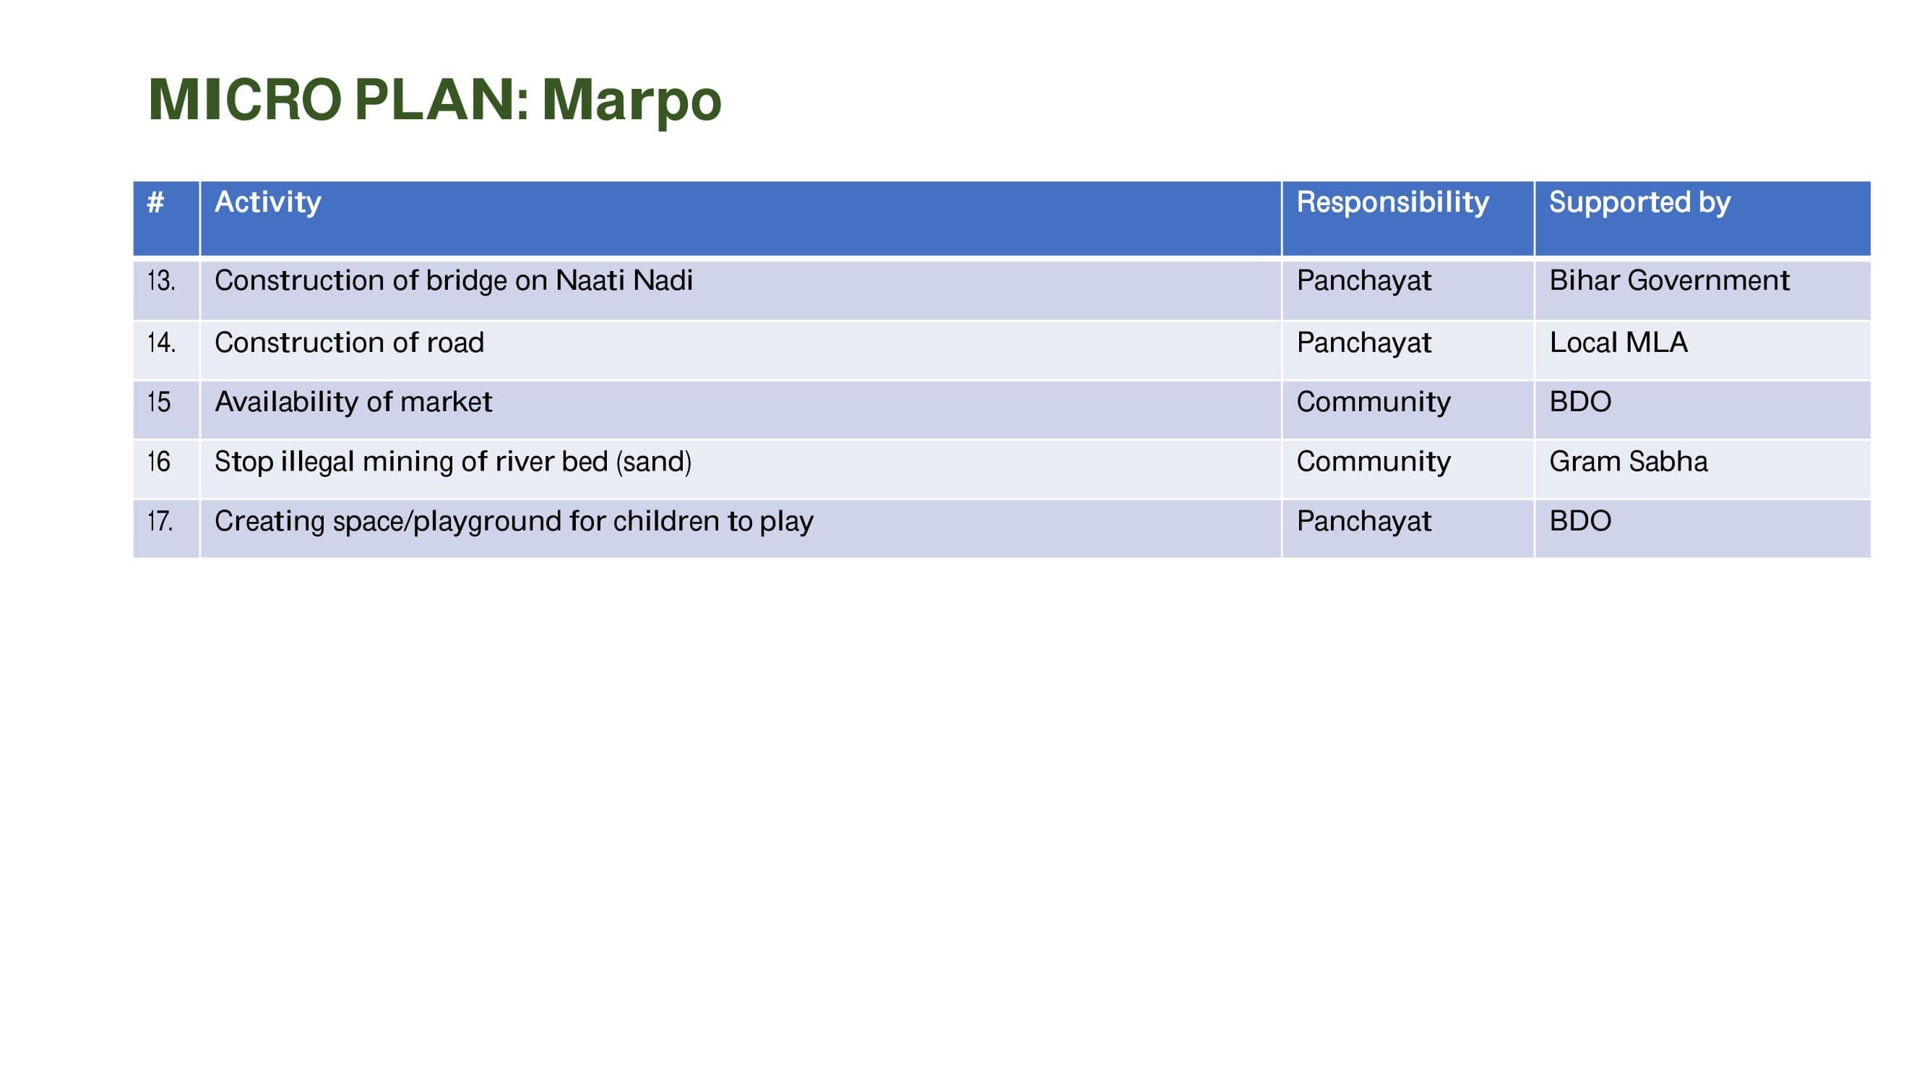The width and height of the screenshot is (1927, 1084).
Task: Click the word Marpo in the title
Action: pyautogui.click(x=631, y=101)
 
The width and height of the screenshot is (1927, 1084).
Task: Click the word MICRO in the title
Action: pyautogui.click(x=246, y=99)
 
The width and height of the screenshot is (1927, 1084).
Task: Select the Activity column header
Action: pyautogui.click(x=268, y=202)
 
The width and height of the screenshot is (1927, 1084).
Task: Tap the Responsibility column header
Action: pyautogui.click(x=1392, y=203)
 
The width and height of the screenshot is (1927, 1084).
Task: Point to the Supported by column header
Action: pyautogui.click(x=1639, y=203)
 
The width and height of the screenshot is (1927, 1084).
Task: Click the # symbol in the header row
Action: pyautogui.click(x=155, y=201)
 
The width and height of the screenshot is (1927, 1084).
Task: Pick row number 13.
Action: pyautogui.click(x=162, y=280)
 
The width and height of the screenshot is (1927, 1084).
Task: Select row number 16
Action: pyautogui.click(x=158, y=462)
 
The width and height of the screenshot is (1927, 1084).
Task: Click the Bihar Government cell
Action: pyautogui.click(x=1669, y=280)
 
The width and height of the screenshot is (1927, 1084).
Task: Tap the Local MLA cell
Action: pyautogui.click(x=1618, y=343)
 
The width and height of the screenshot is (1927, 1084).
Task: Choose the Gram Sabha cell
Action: pyautogui.click(x=1629, y=462)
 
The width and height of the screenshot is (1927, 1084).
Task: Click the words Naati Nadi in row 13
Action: pyautogui.click(x=624, y=280)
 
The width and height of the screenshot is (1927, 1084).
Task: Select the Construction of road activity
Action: pyautogui.click(x=349, y=343)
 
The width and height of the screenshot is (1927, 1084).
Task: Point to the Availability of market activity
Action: pyautogui.click(x=353, y=402)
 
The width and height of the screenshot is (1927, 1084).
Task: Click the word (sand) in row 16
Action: pyautogui.click(x=654, y=463)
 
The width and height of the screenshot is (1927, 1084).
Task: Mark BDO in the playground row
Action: pyautogui.click(x=1580, y=520)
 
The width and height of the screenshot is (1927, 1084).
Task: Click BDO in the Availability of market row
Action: pyautogui.click(x=1580, y=402)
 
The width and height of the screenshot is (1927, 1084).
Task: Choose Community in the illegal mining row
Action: pyautogui.click(x=1374, y=463)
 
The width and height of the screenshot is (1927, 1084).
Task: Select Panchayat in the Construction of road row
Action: pyautogui.click(x=1363, y=343)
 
